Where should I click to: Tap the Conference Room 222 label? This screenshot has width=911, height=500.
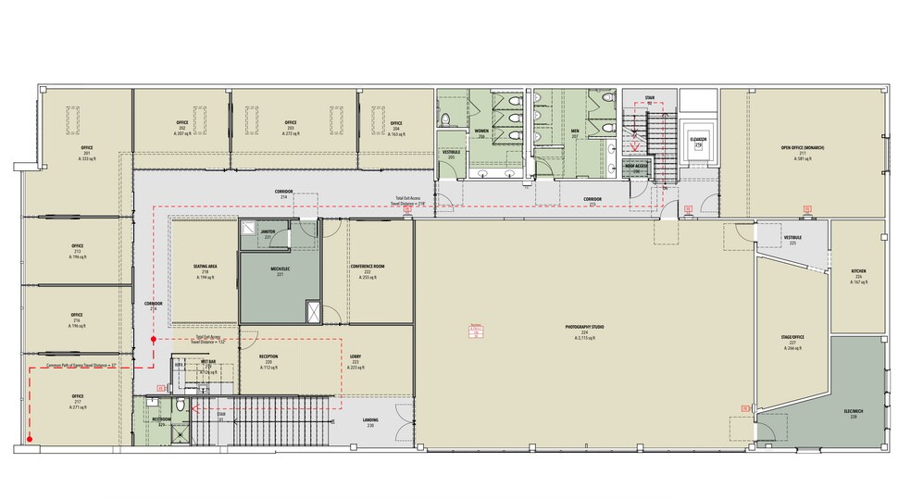[367, 271]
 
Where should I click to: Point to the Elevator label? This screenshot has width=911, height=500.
[698, 141]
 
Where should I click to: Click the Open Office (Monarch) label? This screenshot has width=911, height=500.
[802, 151]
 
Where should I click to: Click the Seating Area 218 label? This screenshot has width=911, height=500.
[206, 271]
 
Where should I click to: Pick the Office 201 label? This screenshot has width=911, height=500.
[87, 152]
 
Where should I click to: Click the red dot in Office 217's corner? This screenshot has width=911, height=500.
[31, 439]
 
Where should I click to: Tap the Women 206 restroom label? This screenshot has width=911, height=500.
[481, 133]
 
